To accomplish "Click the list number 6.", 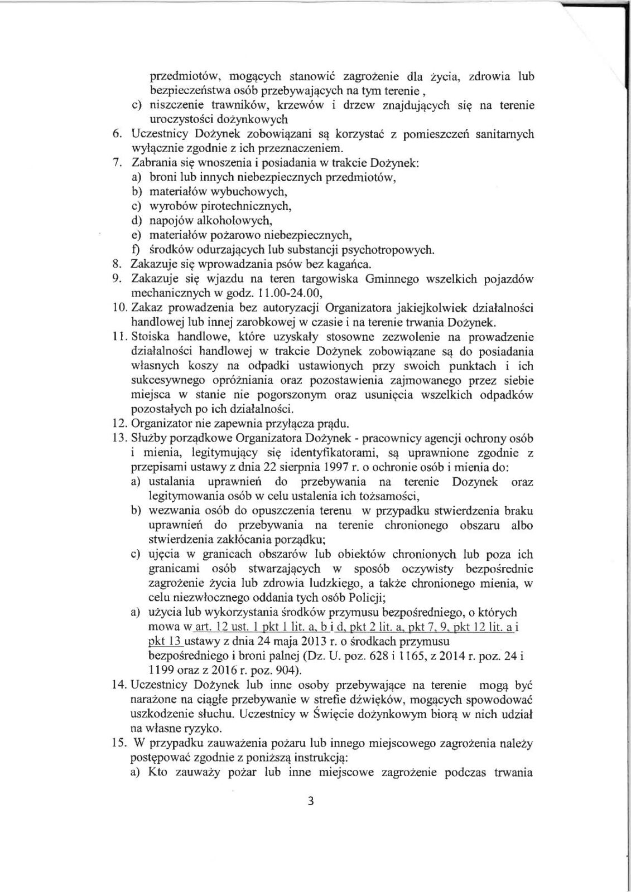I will (117, 134).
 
